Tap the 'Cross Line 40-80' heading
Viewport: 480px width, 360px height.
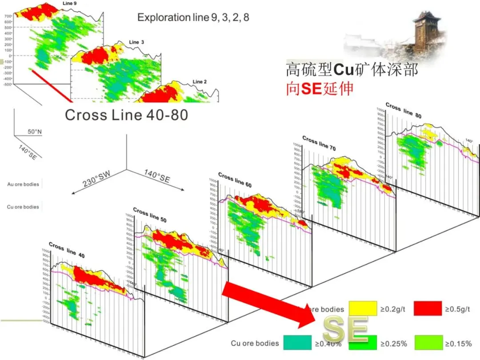[126, 115]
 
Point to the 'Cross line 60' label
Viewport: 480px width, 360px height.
[235, 180]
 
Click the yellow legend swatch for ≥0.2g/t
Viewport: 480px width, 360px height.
[363, 309]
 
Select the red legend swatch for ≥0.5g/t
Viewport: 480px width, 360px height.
[428, 309]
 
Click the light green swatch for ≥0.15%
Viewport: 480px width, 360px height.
[428, 342]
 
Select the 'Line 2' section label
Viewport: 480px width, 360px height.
[200, 82]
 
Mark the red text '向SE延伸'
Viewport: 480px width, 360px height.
[320, 88]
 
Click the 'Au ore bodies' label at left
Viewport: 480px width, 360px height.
[23, 184]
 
